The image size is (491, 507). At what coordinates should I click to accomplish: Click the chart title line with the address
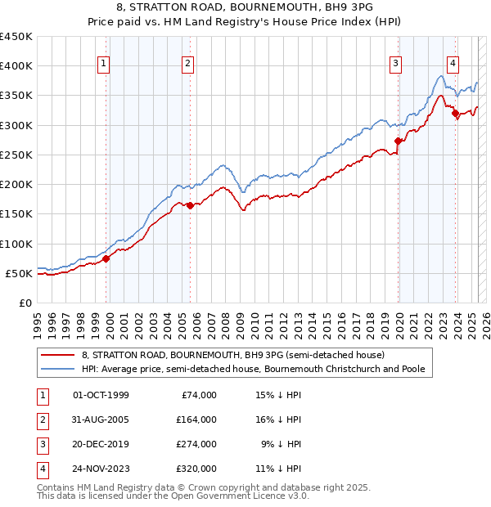[x=245, y=9]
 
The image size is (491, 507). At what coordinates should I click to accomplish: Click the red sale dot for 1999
[x=106, y=259]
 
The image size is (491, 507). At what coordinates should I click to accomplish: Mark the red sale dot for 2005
[x=190, y=205]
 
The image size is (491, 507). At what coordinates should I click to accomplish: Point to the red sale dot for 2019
[x=399, y=141]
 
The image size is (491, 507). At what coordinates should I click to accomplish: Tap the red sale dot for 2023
[x=456, y=114]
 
